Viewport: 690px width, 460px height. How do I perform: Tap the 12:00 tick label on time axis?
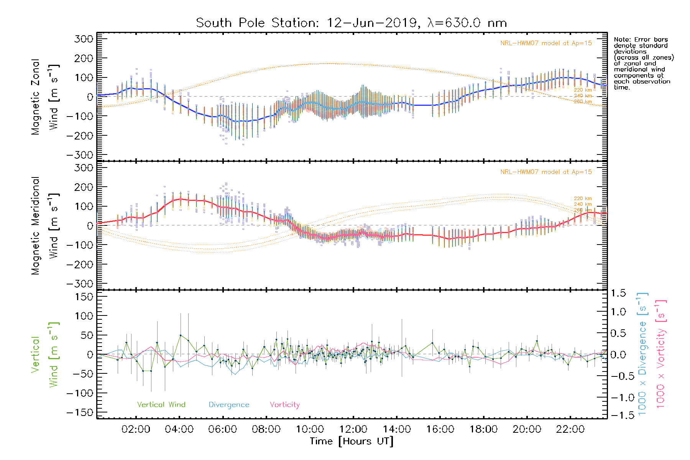point(353,429)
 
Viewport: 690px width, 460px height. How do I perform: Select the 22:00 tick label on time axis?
point(570,429)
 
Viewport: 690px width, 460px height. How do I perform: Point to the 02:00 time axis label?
point(136,429)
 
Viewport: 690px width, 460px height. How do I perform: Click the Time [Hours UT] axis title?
point(351,441)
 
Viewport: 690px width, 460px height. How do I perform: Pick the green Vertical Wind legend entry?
point(161,405)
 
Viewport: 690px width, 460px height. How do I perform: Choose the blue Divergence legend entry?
point(229,405)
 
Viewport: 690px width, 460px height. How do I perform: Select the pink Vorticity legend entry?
point(284,405)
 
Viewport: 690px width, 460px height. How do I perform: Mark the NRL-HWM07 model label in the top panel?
point(546,43)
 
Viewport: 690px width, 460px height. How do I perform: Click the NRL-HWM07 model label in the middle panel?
point(546,172)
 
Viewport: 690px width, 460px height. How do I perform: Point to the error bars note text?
point(643,63)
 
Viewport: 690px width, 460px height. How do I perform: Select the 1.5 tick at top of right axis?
point(618,293)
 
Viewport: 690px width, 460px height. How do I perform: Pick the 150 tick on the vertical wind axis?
point(84,297)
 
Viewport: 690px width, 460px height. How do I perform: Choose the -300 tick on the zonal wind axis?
point(80,155)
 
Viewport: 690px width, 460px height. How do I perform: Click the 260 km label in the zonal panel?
point(583,102)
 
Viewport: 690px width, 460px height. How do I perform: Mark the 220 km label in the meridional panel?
point(583,199)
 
